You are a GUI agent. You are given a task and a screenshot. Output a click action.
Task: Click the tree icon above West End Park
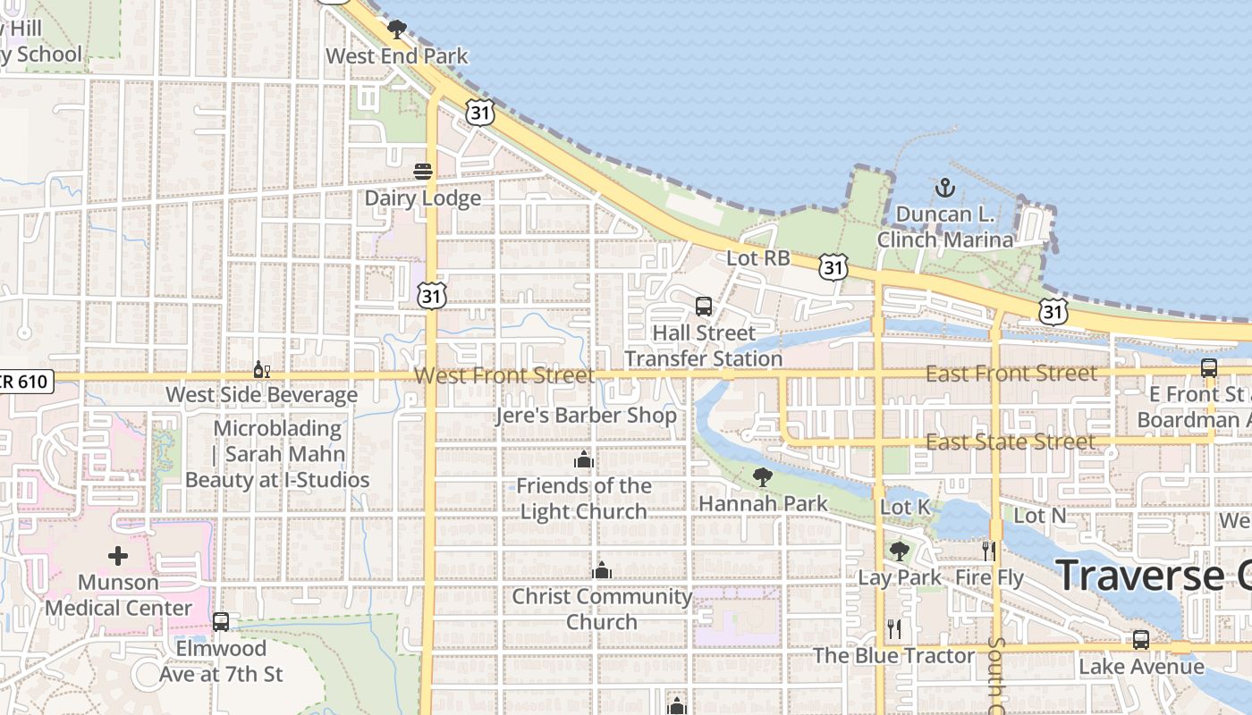396,29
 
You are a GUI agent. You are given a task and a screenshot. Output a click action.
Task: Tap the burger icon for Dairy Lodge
423,172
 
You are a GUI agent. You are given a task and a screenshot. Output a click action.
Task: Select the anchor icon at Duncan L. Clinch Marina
944,188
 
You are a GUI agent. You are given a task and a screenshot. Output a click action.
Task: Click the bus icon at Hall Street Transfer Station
704,307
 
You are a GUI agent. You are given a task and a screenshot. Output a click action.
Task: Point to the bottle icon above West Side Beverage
261,369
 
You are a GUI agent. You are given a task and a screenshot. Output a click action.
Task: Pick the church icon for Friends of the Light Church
584,460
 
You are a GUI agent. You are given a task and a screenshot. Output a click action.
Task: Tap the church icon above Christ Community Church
602,570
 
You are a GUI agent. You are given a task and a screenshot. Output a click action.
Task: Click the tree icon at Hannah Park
763,477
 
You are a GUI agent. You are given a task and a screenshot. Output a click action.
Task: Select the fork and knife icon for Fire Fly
988,551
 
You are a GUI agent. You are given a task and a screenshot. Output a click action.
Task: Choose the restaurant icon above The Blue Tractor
893,629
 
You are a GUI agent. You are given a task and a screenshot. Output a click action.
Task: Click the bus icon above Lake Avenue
1140,640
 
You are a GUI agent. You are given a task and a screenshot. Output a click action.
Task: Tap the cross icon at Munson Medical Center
118,556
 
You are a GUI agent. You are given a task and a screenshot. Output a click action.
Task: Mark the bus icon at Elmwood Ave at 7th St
221,621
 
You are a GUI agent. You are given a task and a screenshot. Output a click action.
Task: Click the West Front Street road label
504,375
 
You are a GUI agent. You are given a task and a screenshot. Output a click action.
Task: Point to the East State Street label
1010,442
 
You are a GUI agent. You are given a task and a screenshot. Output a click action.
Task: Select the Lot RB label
757,258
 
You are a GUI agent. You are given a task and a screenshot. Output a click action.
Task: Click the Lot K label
904,508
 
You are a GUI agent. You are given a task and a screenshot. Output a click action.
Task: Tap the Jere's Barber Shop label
586,416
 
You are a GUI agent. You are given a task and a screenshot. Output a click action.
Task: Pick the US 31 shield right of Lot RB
833,266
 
